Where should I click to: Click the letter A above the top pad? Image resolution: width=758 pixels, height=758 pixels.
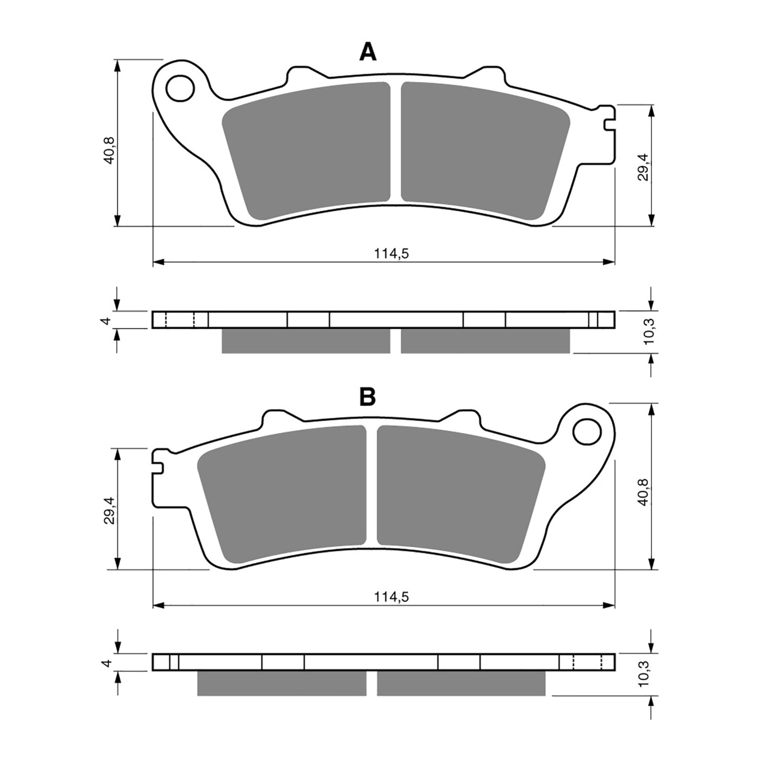pos(368,52)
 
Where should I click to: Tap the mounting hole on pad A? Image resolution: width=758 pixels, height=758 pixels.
pos(180,88)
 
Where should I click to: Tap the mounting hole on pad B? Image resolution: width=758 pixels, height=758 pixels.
pos(587,432)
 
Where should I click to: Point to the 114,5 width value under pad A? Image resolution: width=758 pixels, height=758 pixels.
pos(391,254)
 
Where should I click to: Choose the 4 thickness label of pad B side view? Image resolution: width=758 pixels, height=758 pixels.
pos(107,663)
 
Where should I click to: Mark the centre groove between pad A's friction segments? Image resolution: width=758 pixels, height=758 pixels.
pos(396,142)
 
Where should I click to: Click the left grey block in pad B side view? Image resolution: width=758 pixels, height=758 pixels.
pos(281,683)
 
